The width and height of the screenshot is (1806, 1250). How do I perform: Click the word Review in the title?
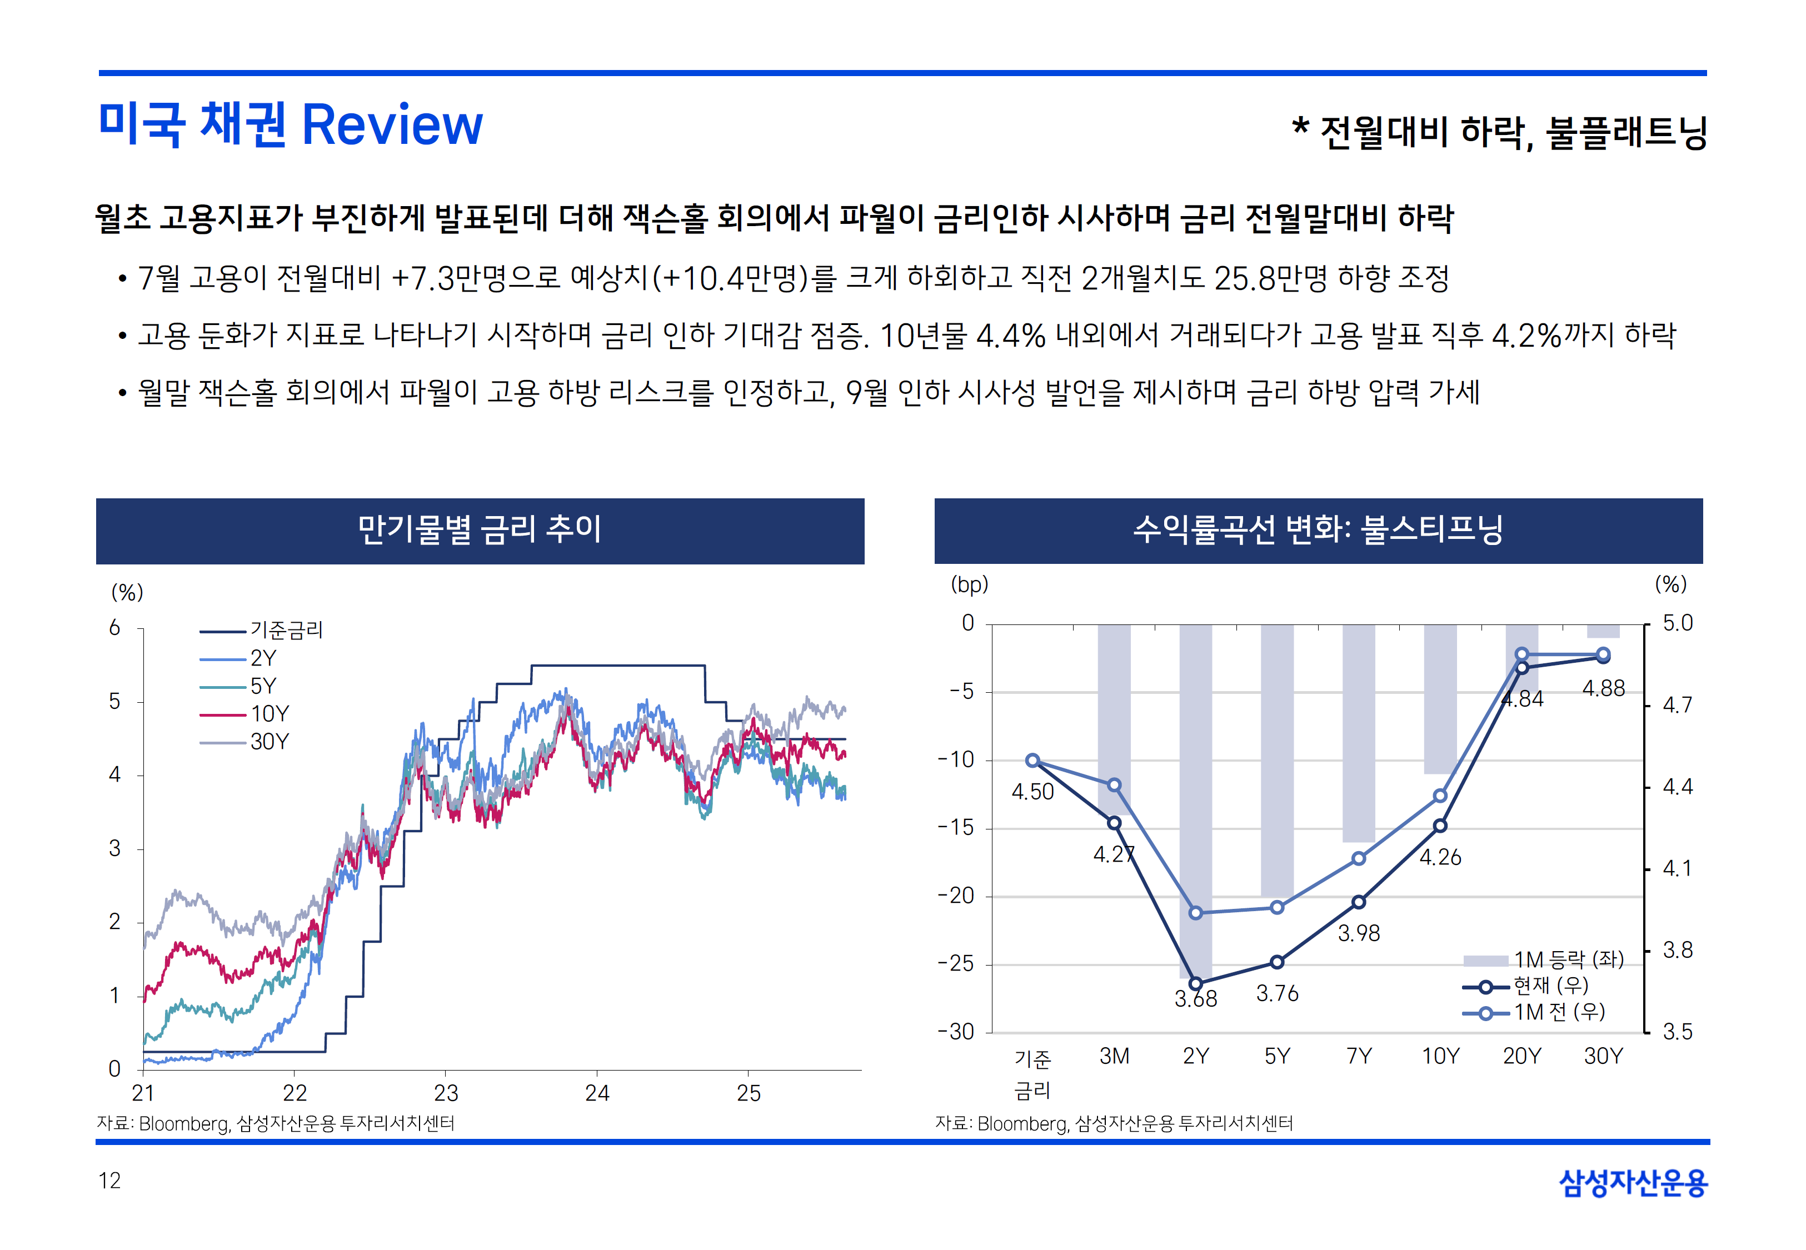coord(392,126)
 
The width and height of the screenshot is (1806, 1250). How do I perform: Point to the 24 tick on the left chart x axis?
coord(597,1093)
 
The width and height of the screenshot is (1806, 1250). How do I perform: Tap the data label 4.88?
coord(1603,688)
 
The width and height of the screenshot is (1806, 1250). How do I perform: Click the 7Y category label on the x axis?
coord(1359,1057)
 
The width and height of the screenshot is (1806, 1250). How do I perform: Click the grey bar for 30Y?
coord(1603,631)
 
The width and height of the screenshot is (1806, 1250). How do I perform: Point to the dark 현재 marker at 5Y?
coord(1276,962)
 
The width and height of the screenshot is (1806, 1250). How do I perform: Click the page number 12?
coord(109,1181)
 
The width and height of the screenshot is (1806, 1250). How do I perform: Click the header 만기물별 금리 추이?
coord(480,529)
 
